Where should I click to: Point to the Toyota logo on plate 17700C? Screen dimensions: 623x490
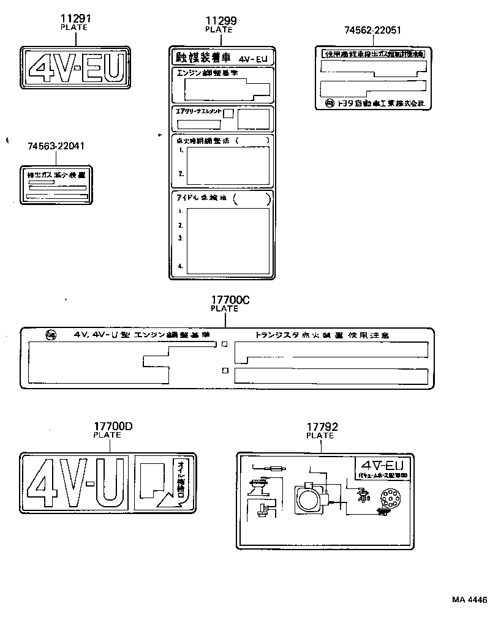(x=51, y=335)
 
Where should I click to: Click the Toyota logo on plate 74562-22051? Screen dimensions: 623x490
(x=330, y=103)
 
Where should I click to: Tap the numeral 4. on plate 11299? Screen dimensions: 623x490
(x=181, y=266)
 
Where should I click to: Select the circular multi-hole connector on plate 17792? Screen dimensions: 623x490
(x=387, y=500)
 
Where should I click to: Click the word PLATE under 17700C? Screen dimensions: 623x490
(x=224, y=309)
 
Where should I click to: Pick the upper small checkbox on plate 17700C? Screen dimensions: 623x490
(x=225, y=345)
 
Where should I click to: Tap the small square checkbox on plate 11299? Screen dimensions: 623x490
(x=228, y=113)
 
